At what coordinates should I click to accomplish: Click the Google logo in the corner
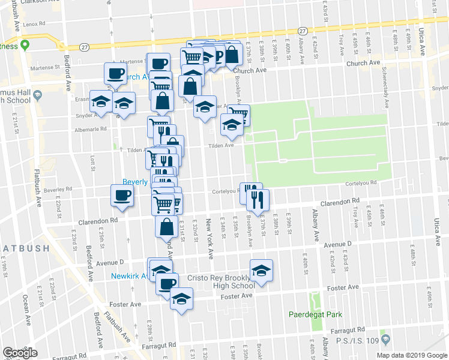(20, 353)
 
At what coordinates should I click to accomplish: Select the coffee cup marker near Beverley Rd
(122, 196)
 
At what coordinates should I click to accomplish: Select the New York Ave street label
(210, 238)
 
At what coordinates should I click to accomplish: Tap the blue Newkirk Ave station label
(129, 276)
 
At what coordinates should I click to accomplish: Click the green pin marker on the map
(25, 46)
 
